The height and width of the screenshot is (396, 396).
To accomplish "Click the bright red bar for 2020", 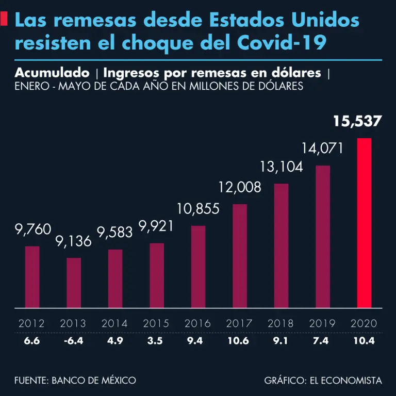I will pyautogui.click(x=364, y=223).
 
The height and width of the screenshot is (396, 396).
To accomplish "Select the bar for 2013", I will pyautogui.click(x=74, y=283).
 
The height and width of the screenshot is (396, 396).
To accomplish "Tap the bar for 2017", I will pyautogui.click(x=240, y=256).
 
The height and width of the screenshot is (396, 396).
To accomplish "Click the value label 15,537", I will pyautogui.click(x=357, y=122).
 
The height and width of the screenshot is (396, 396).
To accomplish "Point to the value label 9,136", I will pyautogui.click(x=74, y=241).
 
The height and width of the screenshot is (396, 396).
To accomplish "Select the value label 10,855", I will pyautogui.click(x=198, y=209).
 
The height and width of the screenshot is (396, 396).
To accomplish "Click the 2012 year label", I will pyautogui.click(x=32, y=324).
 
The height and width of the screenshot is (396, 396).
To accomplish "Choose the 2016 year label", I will pyautogui.click(x=198, y=324).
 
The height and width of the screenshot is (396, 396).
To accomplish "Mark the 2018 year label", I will pyautogui.click(x=281, y=324).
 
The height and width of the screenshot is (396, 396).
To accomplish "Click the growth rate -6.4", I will pyautogui.click(x=73, y=341).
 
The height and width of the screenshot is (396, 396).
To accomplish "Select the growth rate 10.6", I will pyautogui.click(x=239, y=341).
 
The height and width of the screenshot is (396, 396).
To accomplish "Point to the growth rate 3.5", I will pyautogui.click(x=156, y=341).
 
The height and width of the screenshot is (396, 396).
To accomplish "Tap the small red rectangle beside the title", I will pyautogui.click(x=4, y=20).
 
